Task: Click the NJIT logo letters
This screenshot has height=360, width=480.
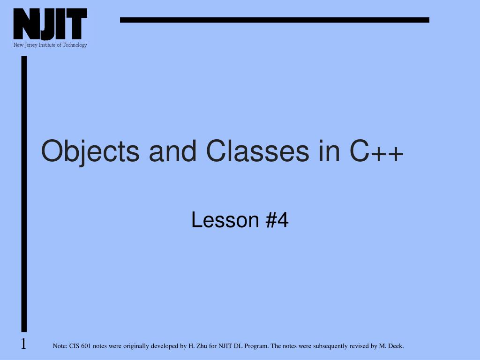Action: point(50,24)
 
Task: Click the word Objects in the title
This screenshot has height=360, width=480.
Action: point(90,151)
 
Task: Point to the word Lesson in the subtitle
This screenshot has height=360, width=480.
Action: point(225,220)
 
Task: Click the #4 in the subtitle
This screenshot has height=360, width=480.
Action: point(277,220)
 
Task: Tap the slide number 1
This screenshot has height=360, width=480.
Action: point(23,344)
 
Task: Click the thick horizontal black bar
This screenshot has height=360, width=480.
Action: point(275,20)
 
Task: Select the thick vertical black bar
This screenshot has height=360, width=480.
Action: point(24,194)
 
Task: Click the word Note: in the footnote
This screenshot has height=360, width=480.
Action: point(60,346)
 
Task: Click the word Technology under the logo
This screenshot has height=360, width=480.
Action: point(75,45)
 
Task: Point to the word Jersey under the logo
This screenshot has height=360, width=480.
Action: point(31,45)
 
